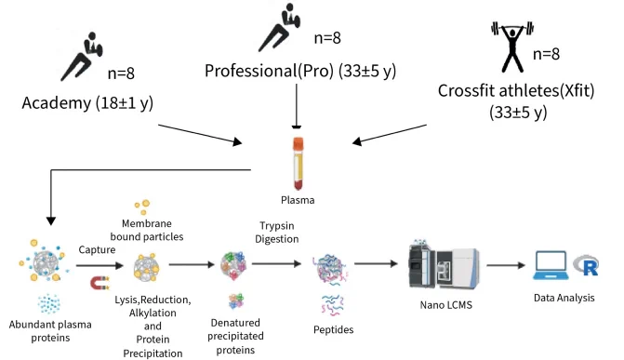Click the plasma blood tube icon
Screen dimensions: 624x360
coord(299,164)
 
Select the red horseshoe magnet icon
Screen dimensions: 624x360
coord(100,283)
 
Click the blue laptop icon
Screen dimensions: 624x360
coord(551,265)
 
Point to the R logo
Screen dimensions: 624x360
coord(586,266)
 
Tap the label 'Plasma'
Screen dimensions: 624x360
coord(298,200)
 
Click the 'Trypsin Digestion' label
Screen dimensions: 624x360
coord(277,233)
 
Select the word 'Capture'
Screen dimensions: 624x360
coord(97,250)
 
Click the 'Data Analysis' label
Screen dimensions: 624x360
coord(564,298)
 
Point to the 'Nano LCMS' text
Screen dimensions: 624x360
coord(445,305)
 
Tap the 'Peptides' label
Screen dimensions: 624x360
coord(334,329)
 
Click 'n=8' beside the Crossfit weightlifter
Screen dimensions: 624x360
coord(546,54)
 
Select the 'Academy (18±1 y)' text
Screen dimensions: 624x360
coord(87,103)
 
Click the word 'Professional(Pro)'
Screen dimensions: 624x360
coord(269,71)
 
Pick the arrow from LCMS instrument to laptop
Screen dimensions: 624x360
coord(506,265)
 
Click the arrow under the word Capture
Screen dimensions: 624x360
coord(100,265)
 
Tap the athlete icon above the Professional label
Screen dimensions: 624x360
coord(280,27)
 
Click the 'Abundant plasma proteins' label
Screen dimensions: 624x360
coord(50,331)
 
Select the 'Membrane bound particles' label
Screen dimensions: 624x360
coord(147,230)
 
